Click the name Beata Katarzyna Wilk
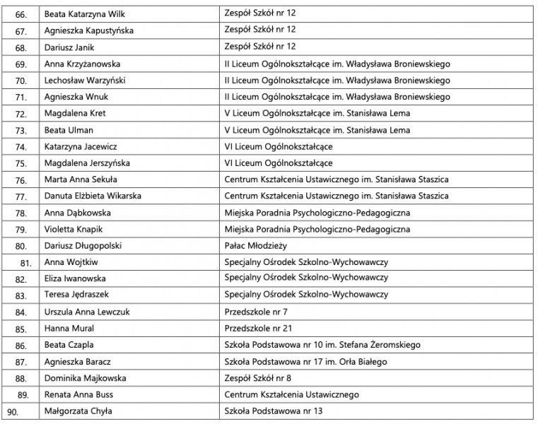81,13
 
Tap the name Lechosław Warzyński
81,81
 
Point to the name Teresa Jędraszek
76,295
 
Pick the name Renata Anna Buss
78,394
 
